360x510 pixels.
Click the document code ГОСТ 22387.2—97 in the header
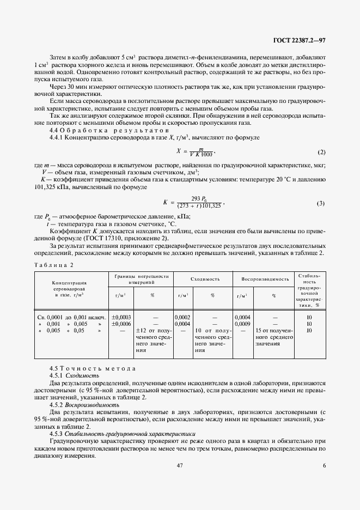(x=300, y=40)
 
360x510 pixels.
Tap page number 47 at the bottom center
(x=179, y=466)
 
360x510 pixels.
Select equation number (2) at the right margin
(x=321, y=151)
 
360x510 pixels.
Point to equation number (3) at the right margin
(x=321, y=203)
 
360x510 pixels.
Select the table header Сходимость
(x=205, y=279)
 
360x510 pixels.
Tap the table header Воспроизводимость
(x=265, y=279)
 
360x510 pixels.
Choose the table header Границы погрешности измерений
(x=141, y=279)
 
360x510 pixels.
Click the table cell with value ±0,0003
(x=121, y=317)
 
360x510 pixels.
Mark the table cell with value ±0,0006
(x=121, y=323)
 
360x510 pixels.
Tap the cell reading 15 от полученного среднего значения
(x=273, y=337)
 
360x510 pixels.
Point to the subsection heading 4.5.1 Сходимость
(x=74, y=375)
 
